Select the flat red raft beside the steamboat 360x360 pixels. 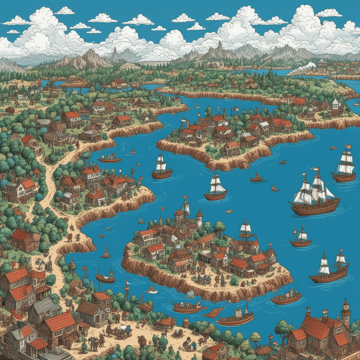tap(213, 312)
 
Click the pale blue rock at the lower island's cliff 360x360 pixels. tap(190, 294)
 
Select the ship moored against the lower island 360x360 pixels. tap(246, 233)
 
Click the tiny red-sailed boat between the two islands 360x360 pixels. tap(256, 177)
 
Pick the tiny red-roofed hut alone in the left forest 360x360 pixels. tap(37, 171)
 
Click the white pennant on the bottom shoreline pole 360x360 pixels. tap(127, 282)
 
